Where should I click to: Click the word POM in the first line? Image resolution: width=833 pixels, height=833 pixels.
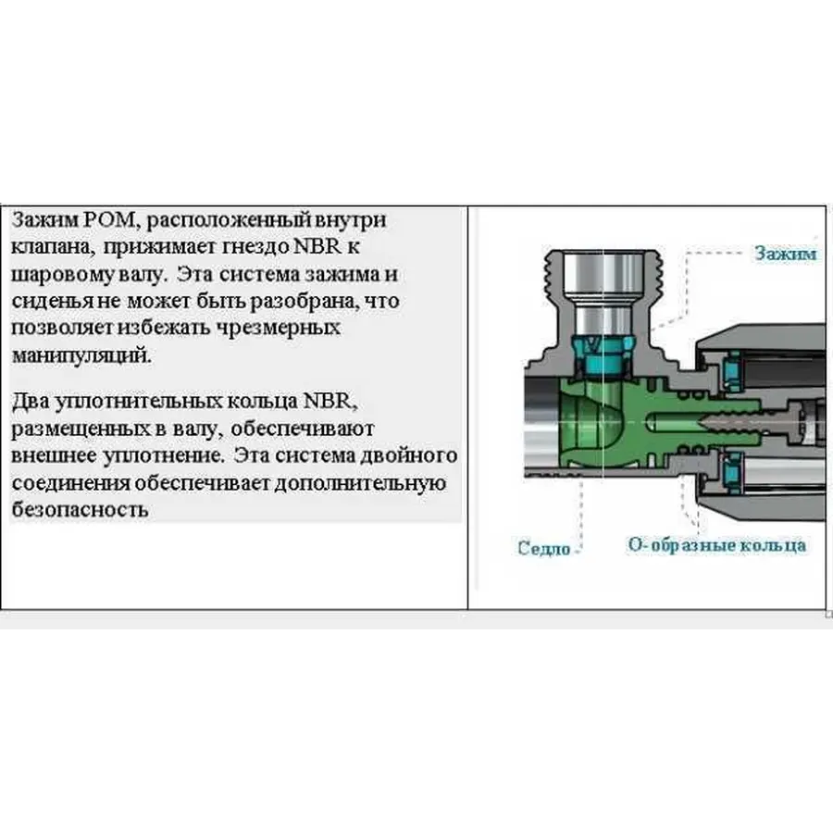click(x=116, y=222)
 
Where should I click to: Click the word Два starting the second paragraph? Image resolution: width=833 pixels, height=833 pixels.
click(x=31, y=404)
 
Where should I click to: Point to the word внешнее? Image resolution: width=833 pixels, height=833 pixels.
click(x=50, y=456)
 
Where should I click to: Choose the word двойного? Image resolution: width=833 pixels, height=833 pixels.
click(x=411, y=456)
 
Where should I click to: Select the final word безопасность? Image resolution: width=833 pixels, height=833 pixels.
click(x=80, y=510)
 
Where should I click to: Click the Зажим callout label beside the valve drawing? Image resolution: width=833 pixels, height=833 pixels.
click(x=785, y=254)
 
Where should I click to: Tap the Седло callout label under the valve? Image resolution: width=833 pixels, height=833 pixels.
click(x=544, y=549)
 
